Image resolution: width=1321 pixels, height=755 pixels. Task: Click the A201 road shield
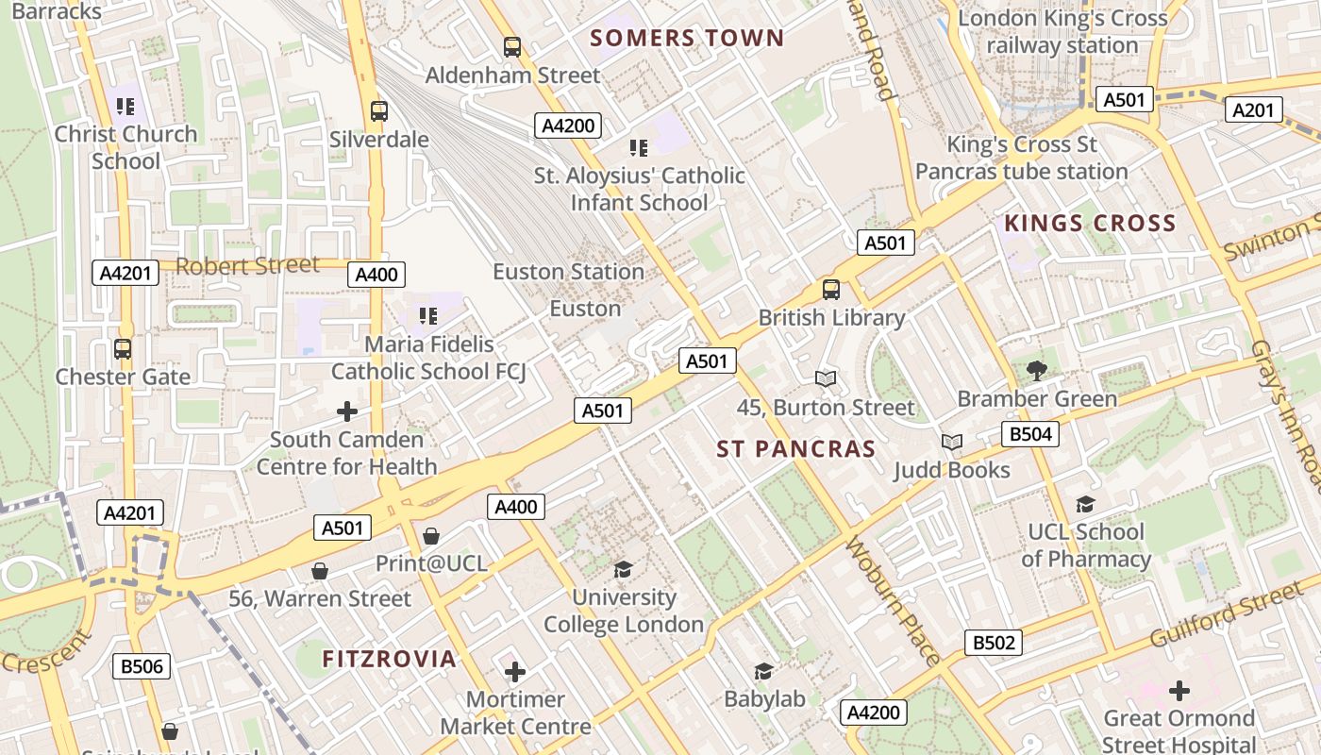(1254, 110)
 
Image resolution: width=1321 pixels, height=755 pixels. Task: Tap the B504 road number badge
(1029, 434)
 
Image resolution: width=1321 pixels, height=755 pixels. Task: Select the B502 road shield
(994, 643)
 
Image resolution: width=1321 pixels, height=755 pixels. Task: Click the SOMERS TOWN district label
(687, 39)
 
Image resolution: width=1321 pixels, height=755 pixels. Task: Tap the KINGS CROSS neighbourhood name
(1090, 224)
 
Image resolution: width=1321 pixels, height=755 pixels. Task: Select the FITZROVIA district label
(390, 659)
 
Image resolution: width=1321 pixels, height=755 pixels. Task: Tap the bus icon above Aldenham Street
(512, 46)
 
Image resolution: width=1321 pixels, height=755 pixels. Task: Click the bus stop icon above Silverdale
(379, 111)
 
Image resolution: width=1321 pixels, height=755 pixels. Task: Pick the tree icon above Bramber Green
(1037, 370)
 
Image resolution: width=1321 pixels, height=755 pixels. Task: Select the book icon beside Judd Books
(952, 442)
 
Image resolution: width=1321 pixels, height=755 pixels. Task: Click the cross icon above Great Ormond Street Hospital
(1179, 691)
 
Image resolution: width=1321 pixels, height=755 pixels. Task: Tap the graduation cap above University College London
(623, 568)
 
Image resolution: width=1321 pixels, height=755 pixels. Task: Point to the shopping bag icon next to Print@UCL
(431, 536)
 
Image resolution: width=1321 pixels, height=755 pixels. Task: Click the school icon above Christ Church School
(125, 106)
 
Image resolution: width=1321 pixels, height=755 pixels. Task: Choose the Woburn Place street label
(893, 601)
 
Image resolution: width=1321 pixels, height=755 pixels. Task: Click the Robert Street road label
(247, 266)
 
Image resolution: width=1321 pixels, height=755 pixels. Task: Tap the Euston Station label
(568, 272)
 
